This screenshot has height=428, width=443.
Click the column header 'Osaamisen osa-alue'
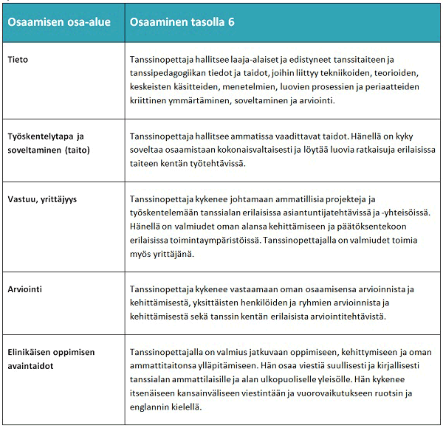click(x=59, y=22)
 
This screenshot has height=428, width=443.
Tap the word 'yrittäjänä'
click(x=173, y=255)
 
